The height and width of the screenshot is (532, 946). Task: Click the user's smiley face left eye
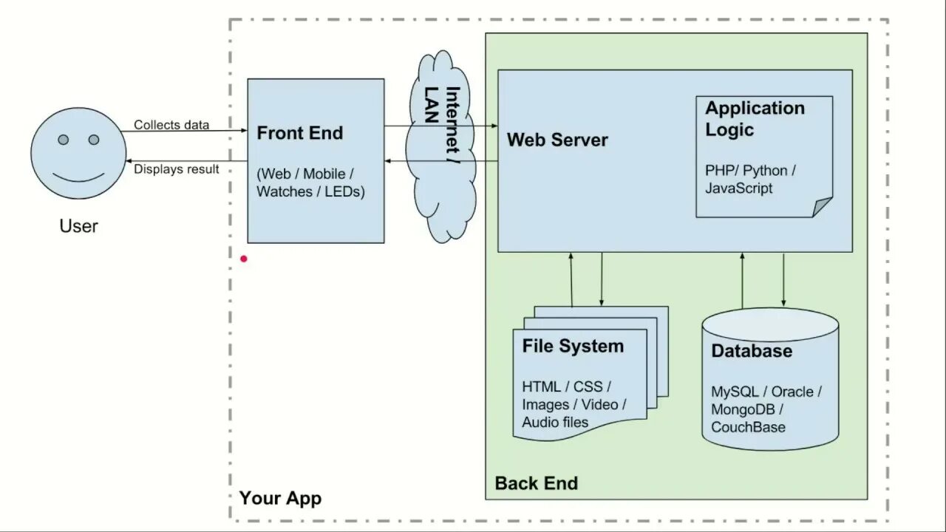pos(64,140)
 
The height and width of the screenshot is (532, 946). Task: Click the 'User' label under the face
pos(78,226)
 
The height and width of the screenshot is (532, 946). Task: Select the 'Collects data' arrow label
pos(171,125)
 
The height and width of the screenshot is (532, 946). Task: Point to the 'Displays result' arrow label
pos(177,169)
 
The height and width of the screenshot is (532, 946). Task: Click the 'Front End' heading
pos(300,134)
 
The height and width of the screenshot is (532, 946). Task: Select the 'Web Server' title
pos(557,140)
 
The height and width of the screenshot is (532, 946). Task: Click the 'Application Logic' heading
pos(754,119)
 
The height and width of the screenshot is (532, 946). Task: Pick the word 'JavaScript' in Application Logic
pos(739,188)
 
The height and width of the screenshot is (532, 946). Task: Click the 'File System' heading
pos(573,347)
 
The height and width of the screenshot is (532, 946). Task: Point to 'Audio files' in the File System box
pos(555,423)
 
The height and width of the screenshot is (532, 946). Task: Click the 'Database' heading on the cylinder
pos(752,351)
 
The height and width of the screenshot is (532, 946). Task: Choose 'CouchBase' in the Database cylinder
pos(748,427)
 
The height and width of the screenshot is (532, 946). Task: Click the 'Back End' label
pos(536,483)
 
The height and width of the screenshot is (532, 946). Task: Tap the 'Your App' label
pos(280,498)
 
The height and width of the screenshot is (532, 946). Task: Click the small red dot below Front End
pos(244,259)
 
